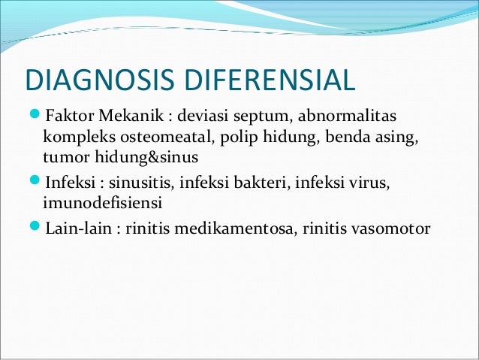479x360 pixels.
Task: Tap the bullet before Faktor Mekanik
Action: pyautogui.click(x=34, y=117)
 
